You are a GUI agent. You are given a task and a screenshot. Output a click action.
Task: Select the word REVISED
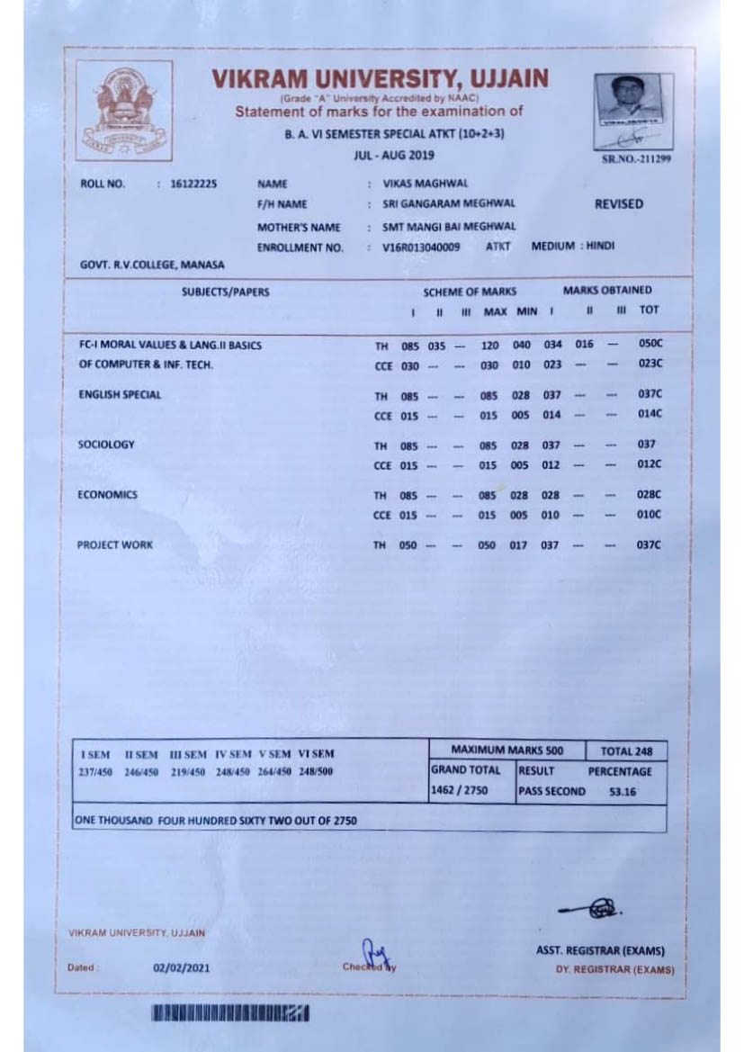click(x=619, y=204)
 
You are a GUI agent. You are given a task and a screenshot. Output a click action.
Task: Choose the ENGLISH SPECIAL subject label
click(x=120, y=394)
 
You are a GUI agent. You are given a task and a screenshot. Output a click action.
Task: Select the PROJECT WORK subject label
click(x=115, y=544)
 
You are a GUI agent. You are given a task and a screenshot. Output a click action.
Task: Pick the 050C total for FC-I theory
click(x=650, y=345)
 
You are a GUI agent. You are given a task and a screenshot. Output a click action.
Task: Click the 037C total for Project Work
click(x=650, y=545)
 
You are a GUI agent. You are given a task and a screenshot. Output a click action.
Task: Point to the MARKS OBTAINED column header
click(x=607, y=291)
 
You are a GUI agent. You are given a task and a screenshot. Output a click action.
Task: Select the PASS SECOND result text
click(x=551, y=792)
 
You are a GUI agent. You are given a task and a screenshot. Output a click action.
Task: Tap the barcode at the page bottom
click(x=230, y=1014)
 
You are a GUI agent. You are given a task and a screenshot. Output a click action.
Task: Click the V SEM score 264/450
click(x=277, y=771)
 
